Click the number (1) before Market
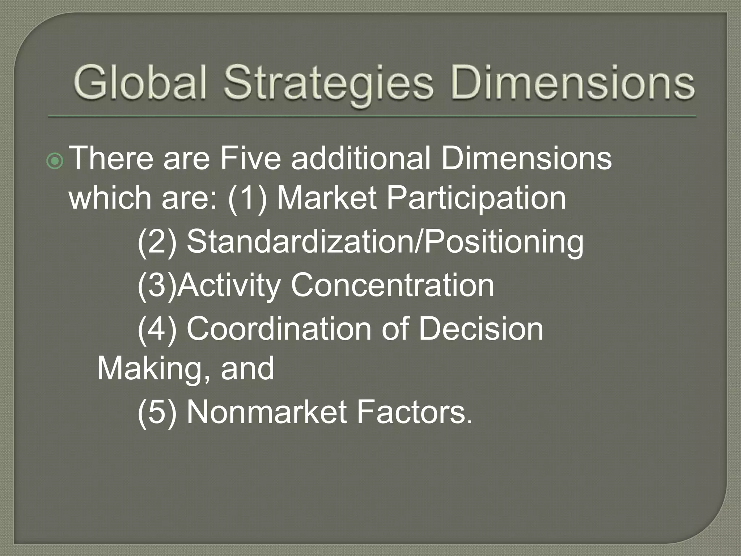(247, 198)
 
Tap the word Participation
(476, 198)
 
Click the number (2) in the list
(157, 242)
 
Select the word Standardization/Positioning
(385, 242)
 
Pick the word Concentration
(392, 285)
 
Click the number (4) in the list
(157, 329)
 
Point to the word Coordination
(279, 329)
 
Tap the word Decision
(481, 329)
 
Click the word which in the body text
(110, 198)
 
